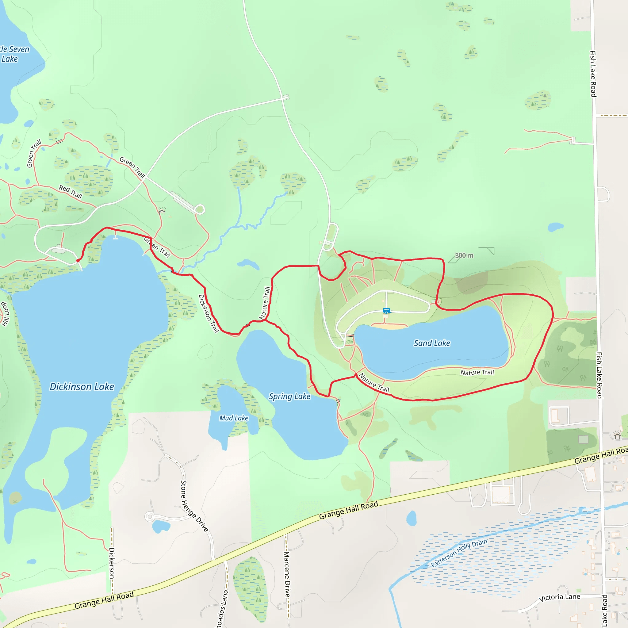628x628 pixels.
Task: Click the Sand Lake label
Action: tap(432, 343)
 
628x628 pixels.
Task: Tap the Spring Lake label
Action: tap(289, 396)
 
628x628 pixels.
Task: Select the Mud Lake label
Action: tap(234, 418)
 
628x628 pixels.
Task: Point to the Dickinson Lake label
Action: tap(82, 386)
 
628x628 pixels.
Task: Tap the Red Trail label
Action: tap(70, 192)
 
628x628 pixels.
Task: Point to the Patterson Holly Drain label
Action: tap(459, 553)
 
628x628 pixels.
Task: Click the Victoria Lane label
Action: tap(559, 597)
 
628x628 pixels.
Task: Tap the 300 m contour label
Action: tap(464, 255)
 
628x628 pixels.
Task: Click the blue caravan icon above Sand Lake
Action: tap(386, 311)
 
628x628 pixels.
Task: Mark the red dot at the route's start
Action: tap(78, 261)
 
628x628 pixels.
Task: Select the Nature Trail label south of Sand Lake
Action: tap(477, 372)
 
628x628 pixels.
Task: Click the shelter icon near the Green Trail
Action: tap(162, 212)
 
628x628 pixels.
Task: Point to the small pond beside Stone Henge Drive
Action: tap(161, 526)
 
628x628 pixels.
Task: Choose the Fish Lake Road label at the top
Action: tap(593, 74)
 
